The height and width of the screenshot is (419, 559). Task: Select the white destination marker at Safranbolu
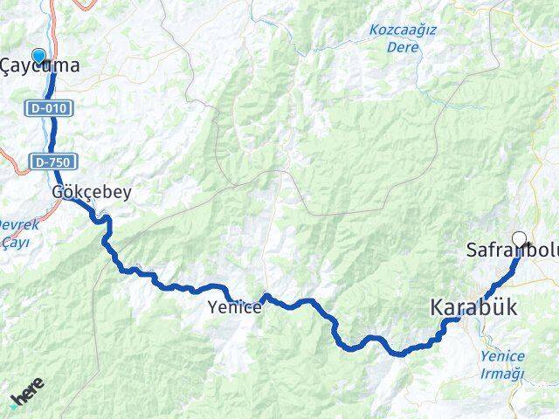click(520, 238)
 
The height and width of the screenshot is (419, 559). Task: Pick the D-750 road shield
click(55, 161)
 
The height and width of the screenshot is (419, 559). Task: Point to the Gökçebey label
click(91, 191)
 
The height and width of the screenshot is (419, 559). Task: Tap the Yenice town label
click(235, 306)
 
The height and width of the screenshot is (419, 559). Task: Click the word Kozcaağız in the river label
click(403, 30)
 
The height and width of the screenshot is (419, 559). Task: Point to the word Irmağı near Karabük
click(502, 373)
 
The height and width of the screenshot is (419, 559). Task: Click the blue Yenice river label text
click(502, 356)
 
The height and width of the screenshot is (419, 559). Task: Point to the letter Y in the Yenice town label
click(213, 306)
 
